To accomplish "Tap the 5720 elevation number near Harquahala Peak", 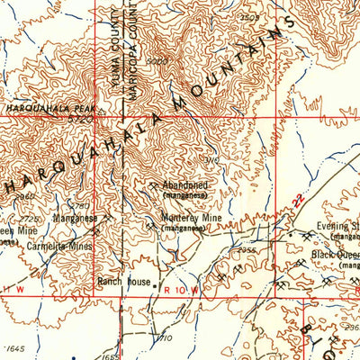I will pyautogui.click(x=83, y=117).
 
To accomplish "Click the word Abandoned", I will pyautogui.click(x=185, y=184).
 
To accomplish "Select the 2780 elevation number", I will pyautogui.click(x=80, y=206).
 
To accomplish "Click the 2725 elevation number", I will pyautogui.click(x=31, y=218).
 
